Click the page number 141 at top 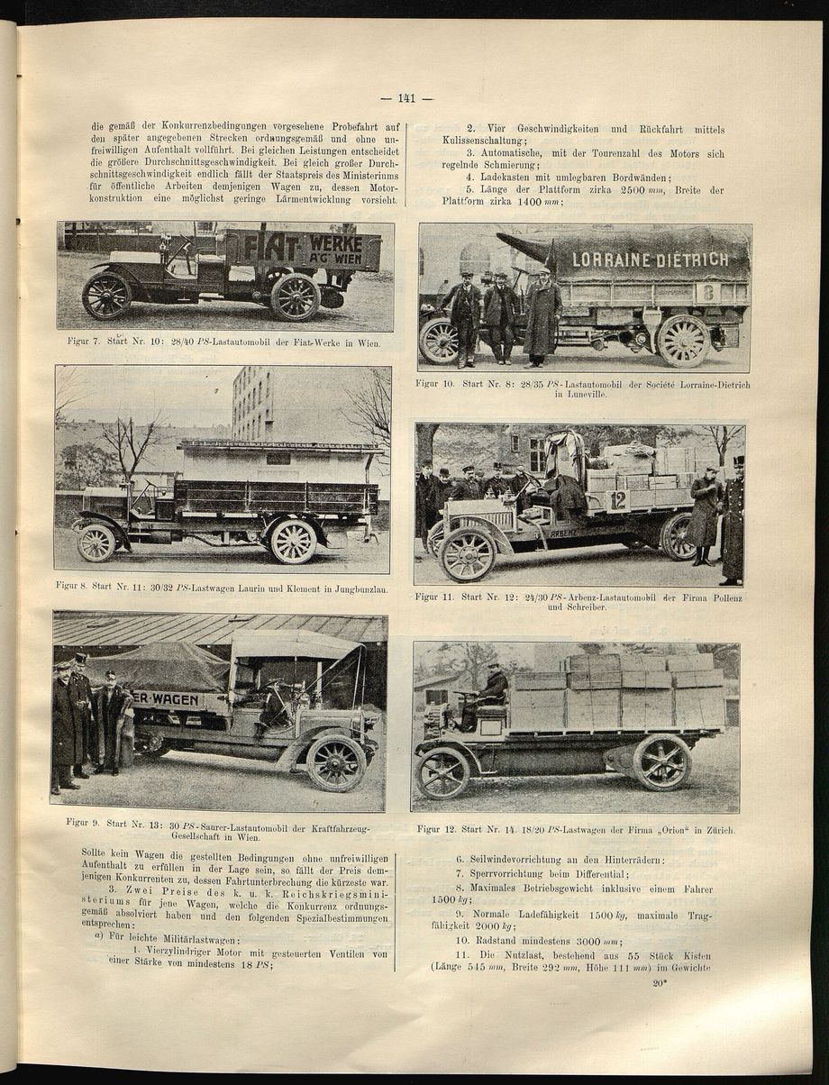click(406, 99)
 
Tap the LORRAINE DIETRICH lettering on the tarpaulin click(650, 260)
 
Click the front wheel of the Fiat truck click(106, 296)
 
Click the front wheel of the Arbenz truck click(467, 554)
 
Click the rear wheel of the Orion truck click(660, 762)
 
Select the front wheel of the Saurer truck click(335, 762)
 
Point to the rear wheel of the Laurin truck click(294, 542)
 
